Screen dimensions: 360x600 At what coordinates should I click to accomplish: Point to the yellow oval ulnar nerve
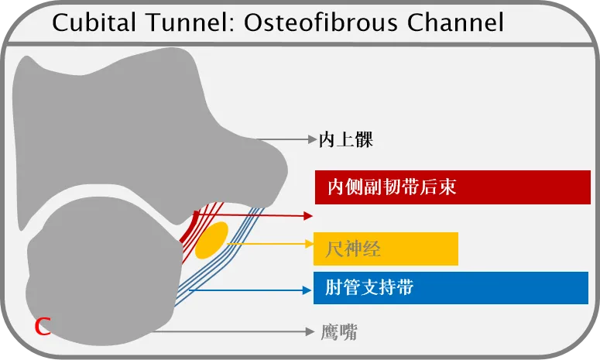pyautogui.click(x=211, y=240)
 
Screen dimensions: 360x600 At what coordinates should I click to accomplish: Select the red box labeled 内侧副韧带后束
pyautogui.click(x=452, y=187)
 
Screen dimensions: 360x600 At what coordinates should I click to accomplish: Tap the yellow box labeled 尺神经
pyautogui.click(x=386, y=249)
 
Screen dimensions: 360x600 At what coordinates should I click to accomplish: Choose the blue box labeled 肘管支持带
pyautogui.click(x=451, y=288)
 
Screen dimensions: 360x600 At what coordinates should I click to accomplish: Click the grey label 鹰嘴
pyautogui.click(x=339, y=332)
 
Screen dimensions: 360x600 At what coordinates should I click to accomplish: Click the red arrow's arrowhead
pyautogui.click(x=309, y=216)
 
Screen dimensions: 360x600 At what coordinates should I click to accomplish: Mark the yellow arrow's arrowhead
pyautogui.click(x=308, y=245)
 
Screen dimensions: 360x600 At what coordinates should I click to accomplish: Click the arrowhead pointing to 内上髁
pyautogui.click(x=312, y=140)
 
